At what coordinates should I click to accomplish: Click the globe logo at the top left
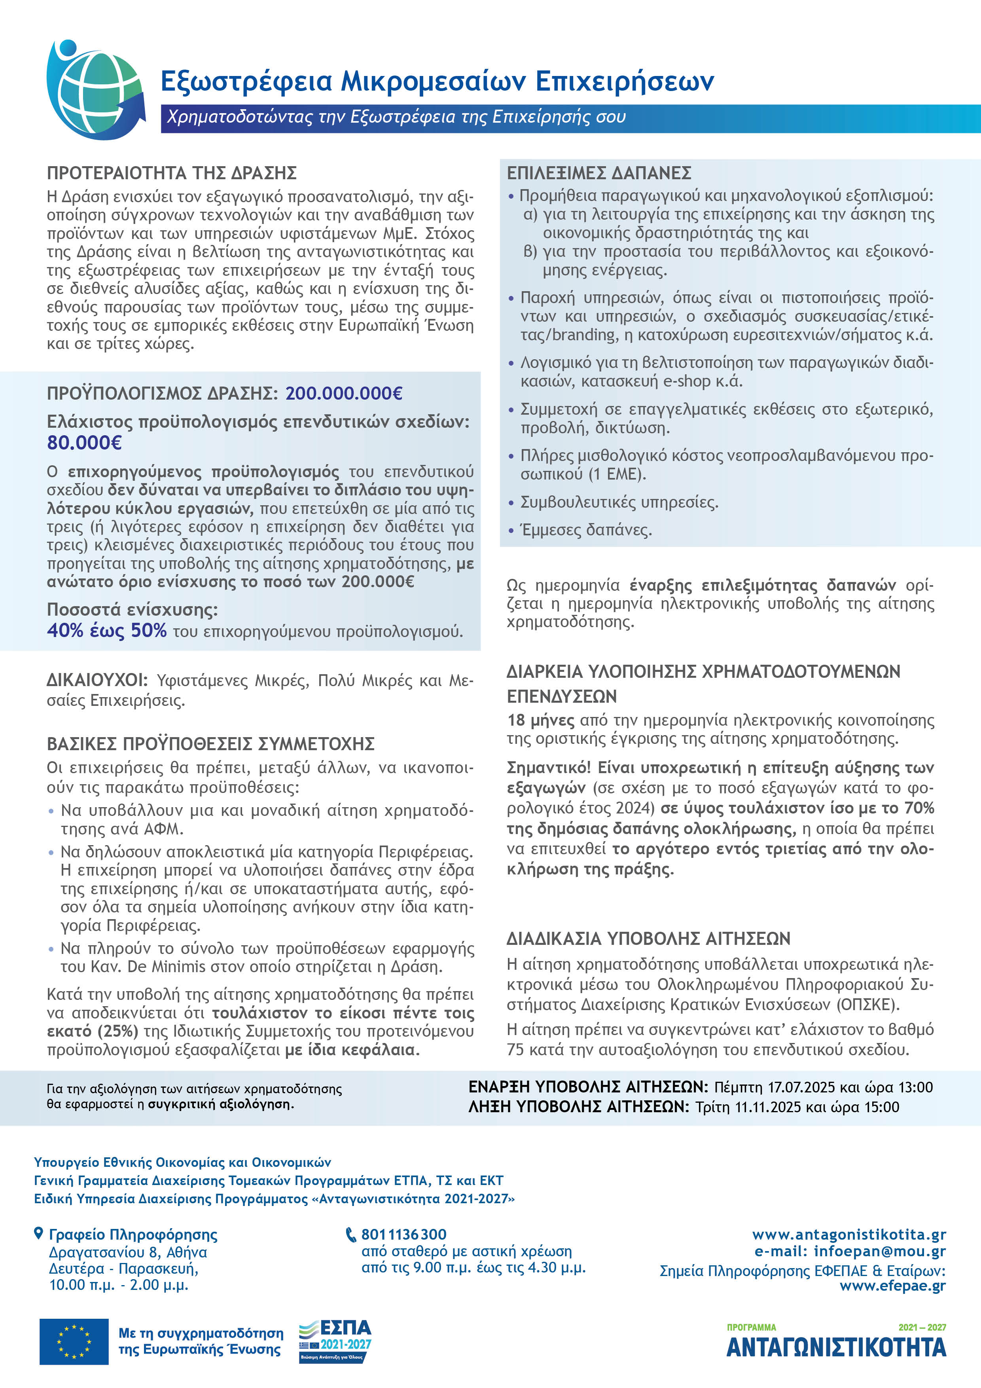tap(95, 89)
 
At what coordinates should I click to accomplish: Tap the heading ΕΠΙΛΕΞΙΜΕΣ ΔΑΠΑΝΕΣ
tap(598, 173)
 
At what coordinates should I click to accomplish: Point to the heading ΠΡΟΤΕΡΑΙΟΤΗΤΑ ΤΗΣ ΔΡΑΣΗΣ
tap(172, 173)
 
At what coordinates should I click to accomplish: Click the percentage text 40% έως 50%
tap(106, 631)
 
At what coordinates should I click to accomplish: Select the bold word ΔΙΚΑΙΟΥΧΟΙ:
tap(97, 680)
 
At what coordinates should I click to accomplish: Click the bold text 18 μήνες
tap(540, 720)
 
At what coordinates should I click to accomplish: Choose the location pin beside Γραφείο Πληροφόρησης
tap(39, 1233)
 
